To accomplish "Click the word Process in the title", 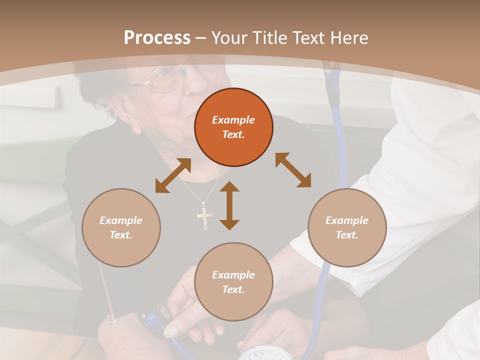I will coord(157,38).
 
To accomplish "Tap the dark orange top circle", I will coord(233,127).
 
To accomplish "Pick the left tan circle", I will coord(121,227).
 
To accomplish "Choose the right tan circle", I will coord(347,227).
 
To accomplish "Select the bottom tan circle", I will coord(233,282).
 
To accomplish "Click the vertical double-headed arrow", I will coord(229,205).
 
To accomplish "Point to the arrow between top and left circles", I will coord(173,175).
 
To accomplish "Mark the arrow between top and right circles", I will coord(293,170).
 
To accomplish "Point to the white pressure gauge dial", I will coord(265,354).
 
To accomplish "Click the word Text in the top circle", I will coord(233,134).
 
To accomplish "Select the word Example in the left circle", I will coord(121,220).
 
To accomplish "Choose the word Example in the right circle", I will coord(347,220).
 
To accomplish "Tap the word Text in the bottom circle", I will coord(233,289).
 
